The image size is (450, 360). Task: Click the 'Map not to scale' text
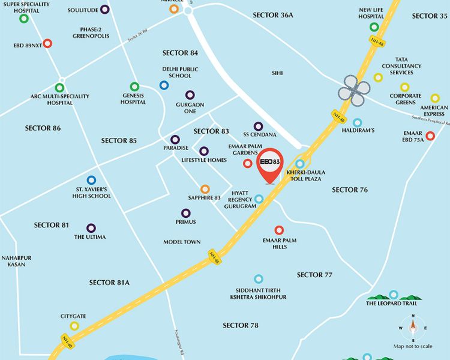(413, 346)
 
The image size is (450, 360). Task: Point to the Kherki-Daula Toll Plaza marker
(300, 163)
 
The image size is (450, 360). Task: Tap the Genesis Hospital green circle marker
(134, 86)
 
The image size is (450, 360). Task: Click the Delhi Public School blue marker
(164, 85)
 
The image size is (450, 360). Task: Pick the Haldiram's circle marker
(358, 122)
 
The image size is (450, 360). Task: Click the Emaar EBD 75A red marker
(430, 136)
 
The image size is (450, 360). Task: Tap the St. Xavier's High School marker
(91, 179)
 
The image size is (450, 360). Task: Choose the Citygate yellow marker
(74, 326)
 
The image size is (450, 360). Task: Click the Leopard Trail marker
(393, 295)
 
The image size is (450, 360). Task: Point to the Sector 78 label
(240, 325)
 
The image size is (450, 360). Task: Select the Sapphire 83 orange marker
(205, 189)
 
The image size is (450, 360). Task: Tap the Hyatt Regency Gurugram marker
(259, 199)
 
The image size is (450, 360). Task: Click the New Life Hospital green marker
(374, 27)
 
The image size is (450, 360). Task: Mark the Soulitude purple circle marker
(105, 10)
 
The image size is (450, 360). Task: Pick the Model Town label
(182, 242)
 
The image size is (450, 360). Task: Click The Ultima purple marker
(91, 228)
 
